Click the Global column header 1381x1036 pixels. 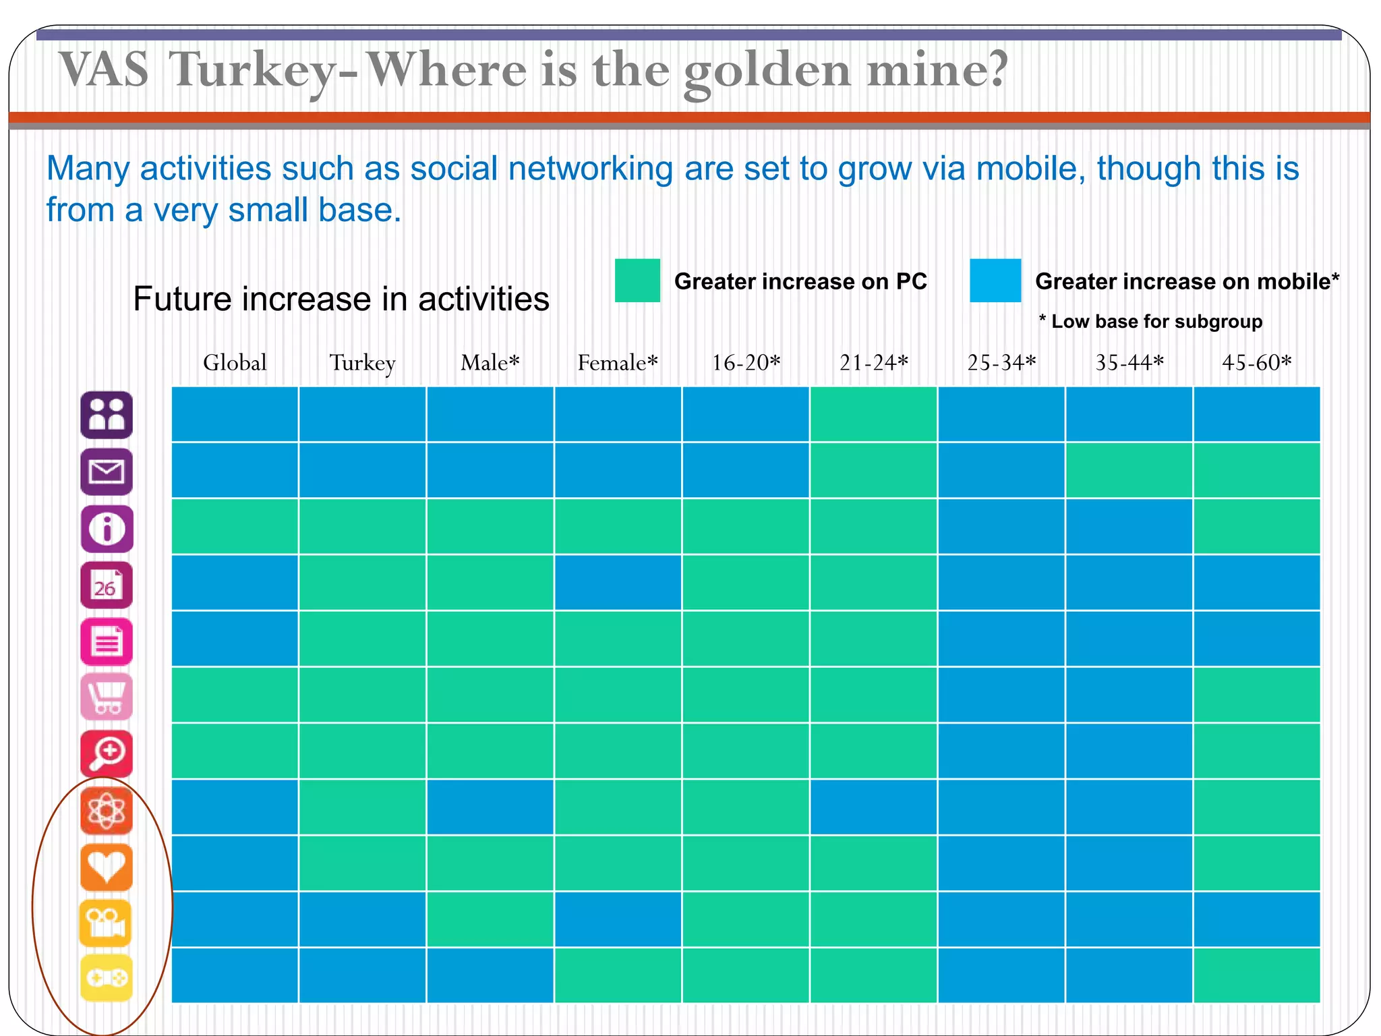click(x=235, y=363)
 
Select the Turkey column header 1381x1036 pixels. click(x=362, y=363)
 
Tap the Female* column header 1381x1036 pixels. click(x=617, y=363)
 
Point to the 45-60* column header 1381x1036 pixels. click(x=1256, y=363)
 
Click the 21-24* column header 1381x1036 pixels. click(x=873, y=363)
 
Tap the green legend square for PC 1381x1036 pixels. click(x=637, y=281)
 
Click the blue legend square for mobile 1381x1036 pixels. click(x=995, y=281)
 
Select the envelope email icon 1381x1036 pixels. click(x=107, y=471)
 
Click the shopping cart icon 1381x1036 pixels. click(x=107, y=697)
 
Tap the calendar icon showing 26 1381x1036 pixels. click(x=107, y=585)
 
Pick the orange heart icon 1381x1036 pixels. click(x=107, y=867)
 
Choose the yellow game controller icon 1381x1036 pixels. click(x=107, y=978)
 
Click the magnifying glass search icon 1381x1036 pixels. click(x=107, y=753)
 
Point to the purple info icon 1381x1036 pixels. click(x=107, y=529)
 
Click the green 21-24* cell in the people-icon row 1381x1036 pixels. click(x=873, y=414)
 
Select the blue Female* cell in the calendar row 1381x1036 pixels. click(x=617, y=583)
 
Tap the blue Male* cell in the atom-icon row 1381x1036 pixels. click(x=490, y=807)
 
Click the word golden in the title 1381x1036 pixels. click(x=767, y=71)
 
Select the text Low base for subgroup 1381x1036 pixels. click(x=1156, y=322)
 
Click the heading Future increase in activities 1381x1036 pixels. click(x=341, y=299)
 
